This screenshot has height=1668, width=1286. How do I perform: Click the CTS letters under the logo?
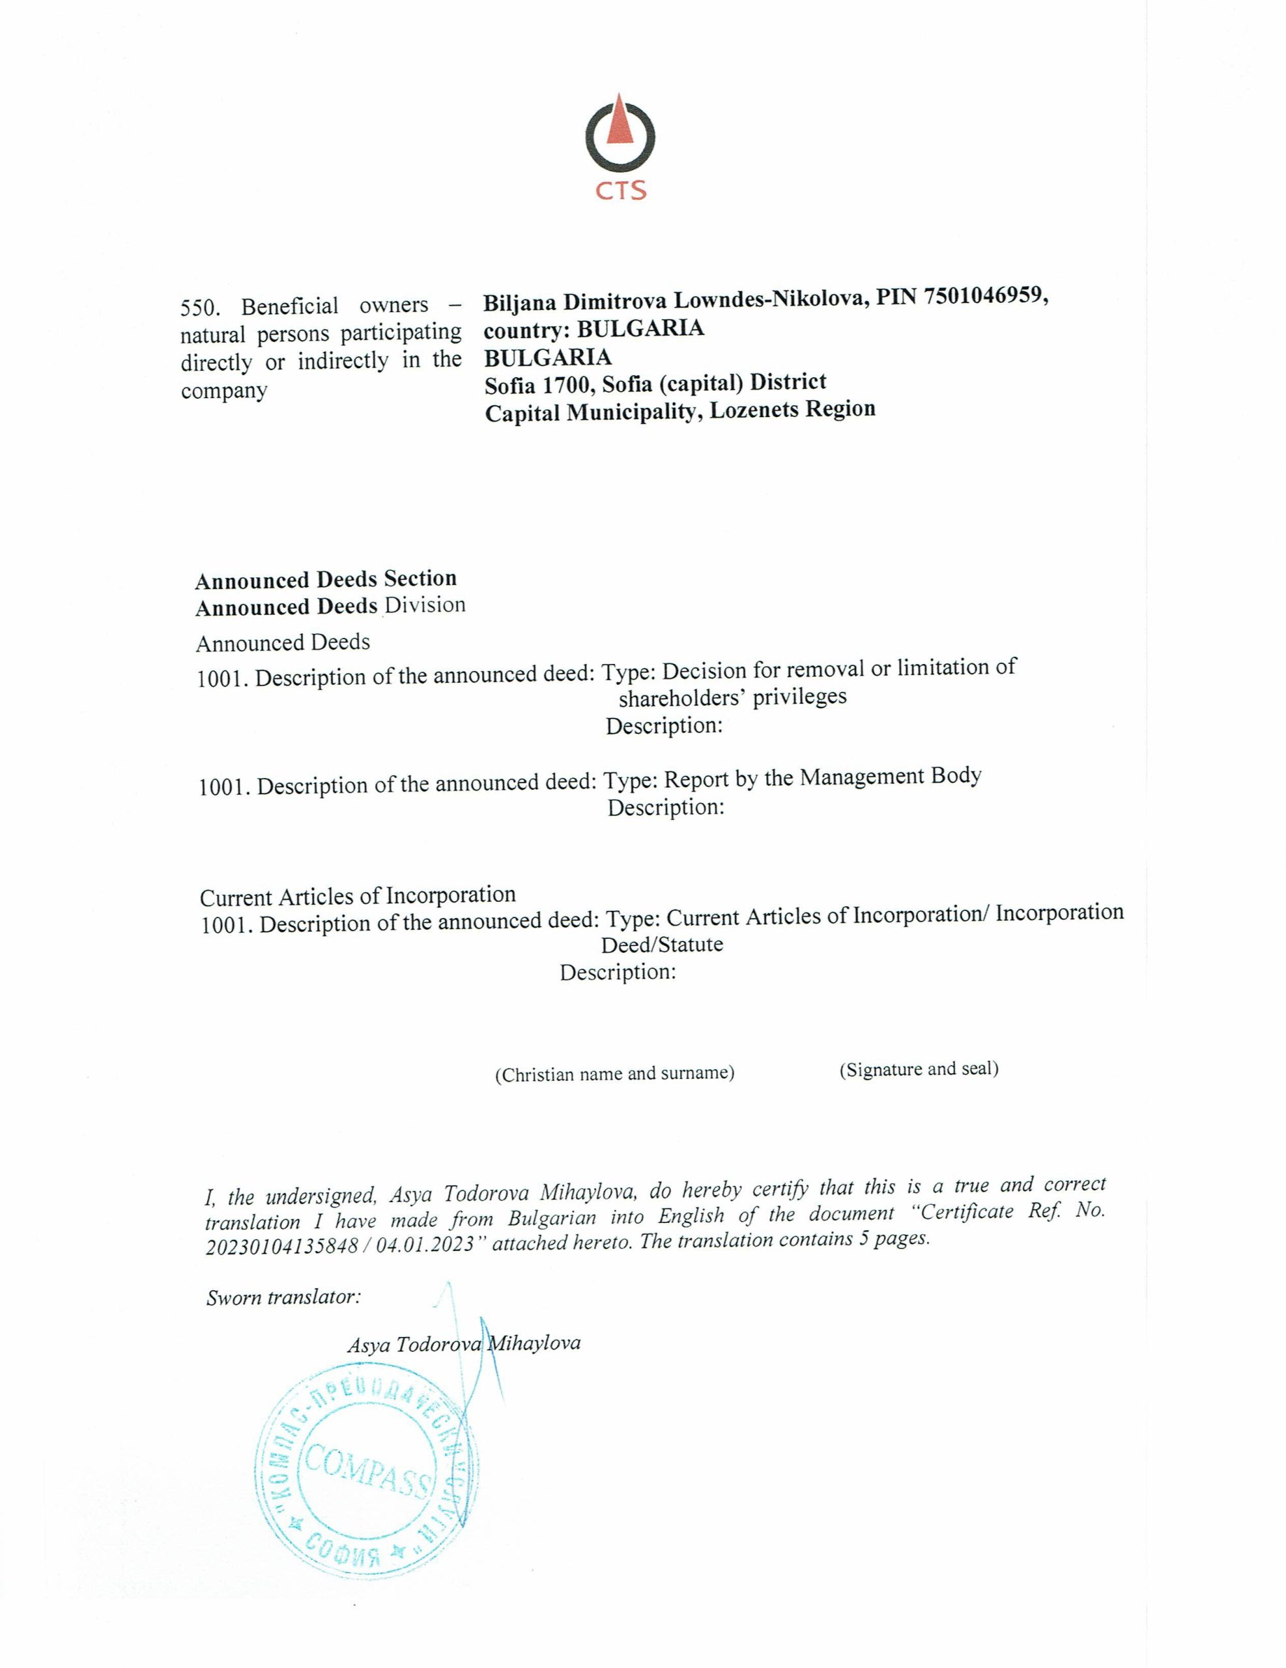tap(621, 190)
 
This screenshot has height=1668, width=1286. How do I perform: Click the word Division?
tap(425, 605)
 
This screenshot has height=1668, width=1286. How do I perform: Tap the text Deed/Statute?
tap(661, 945)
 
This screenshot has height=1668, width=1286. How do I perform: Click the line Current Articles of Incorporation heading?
tap(358, 895)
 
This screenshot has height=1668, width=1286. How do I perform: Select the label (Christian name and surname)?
tap(615, 1074)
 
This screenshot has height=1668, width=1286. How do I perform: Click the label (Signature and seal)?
tap(919, 1069)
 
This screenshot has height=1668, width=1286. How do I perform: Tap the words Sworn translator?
tap(283, 1298)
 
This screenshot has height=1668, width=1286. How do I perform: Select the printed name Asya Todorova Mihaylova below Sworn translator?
tap(464, 1344)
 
